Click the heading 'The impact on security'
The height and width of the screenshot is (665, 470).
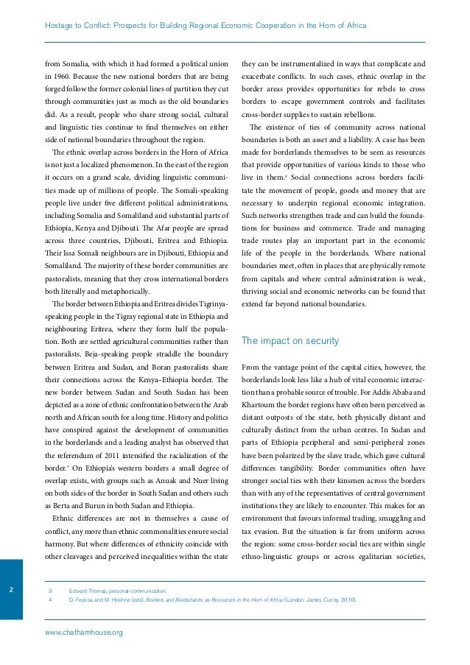(x=290, y=341)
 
